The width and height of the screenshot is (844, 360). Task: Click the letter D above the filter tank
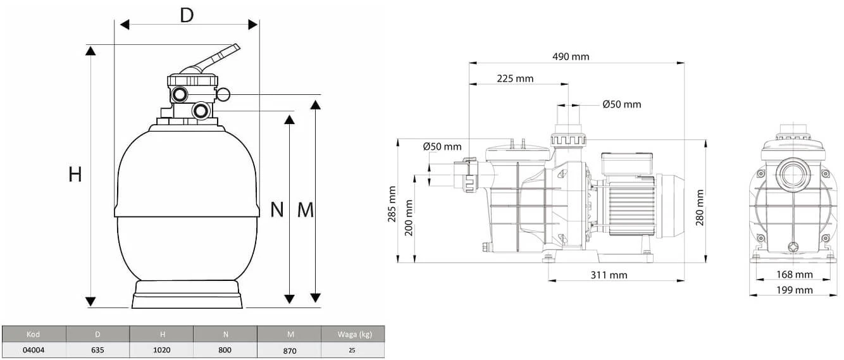[187, 15]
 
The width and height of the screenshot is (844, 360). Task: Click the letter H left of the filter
[75, 175]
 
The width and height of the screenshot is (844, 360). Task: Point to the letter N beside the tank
[277, 209]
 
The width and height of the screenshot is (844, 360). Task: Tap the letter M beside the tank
[305, 210]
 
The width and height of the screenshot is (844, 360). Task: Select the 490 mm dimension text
[571, 56]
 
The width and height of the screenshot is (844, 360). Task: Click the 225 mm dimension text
[515, 78]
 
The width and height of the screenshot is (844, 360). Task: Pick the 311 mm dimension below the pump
[609, 275]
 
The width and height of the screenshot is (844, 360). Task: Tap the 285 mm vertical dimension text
[392, 204]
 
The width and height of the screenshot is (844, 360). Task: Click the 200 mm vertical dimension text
[409, 218]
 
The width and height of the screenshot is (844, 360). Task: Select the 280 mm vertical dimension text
[700, 208]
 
